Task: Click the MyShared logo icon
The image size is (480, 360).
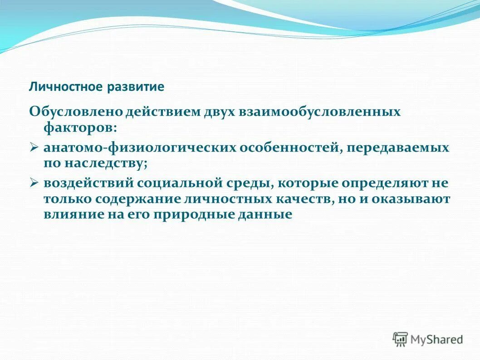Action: click(400, 339)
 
